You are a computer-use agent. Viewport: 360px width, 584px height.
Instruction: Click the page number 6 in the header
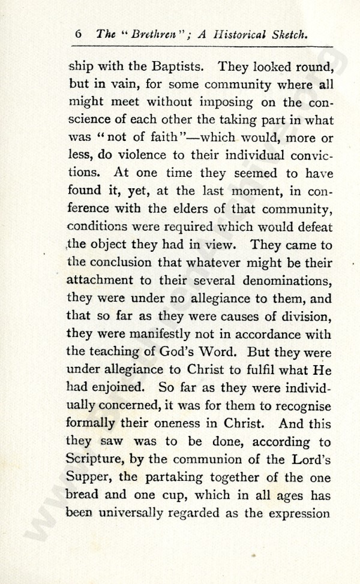click(79, 35)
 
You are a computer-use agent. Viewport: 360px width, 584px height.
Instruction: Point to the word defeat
click(311, 228)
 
